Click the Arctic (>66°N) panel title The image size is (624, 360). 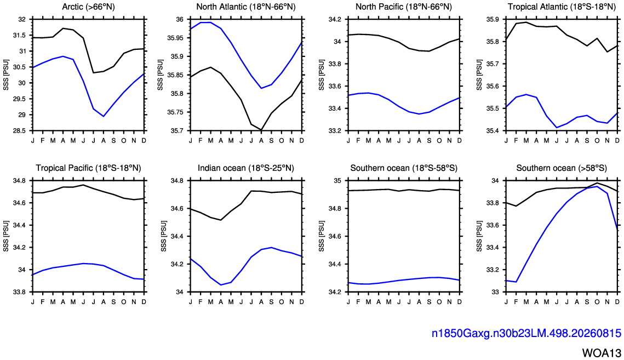pyautogui.click(x=88, y=7)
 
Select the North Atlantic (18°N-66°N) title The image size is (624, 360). pyautogui.click(x=246, y=7)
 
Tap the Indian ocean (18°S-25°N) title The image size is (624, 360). pyautogui.click(x=246, y=168)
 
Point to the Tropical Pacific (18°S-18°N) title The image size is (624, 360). pyautogui.click(x=88, y=168)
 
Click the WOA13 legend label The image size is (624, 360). pyautogui.click(x=602, y=353)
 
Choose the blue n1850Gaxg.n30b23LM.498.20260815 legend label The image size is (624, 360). pyautogui.click(x=526, y=333)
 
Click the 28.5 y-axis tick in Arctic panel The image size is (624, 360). pyautogui.click(x=19, y=131)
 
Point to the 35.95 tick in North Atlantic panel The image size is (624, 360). pyautogui.click(x=175, y=38)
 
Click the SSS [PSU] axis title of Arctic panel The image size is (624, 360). pyautogui.click(x=6, y=75)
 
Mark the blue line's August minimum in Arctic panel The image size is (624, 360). pyautogui.click(x=104, y=116)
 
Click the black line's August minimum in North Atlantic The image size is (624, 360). pyautogui.click(x=261, y=130)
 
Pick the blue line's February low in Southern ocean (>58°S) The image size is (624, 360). pyautogui.click(x=516, y=282)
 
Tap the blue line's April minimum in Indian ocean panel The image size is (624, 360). pyautogui.click(x=221, y=285)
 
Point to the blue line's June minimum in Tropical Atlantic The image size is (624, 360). pyautogui.click(x=557, y=128)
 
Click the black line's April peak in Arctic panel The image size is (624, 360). pyautogui.click(x=63, y=28)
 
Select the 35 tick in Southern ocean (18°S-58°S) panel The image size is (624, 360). pyautogui.click(x=338, y=181)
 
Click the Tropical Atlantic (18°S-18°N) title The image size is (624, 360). pyautogui.click(x=562, y=7)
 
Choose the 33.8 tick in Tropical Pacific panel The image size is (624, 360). pyautogui.click(x=20, y=292)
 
